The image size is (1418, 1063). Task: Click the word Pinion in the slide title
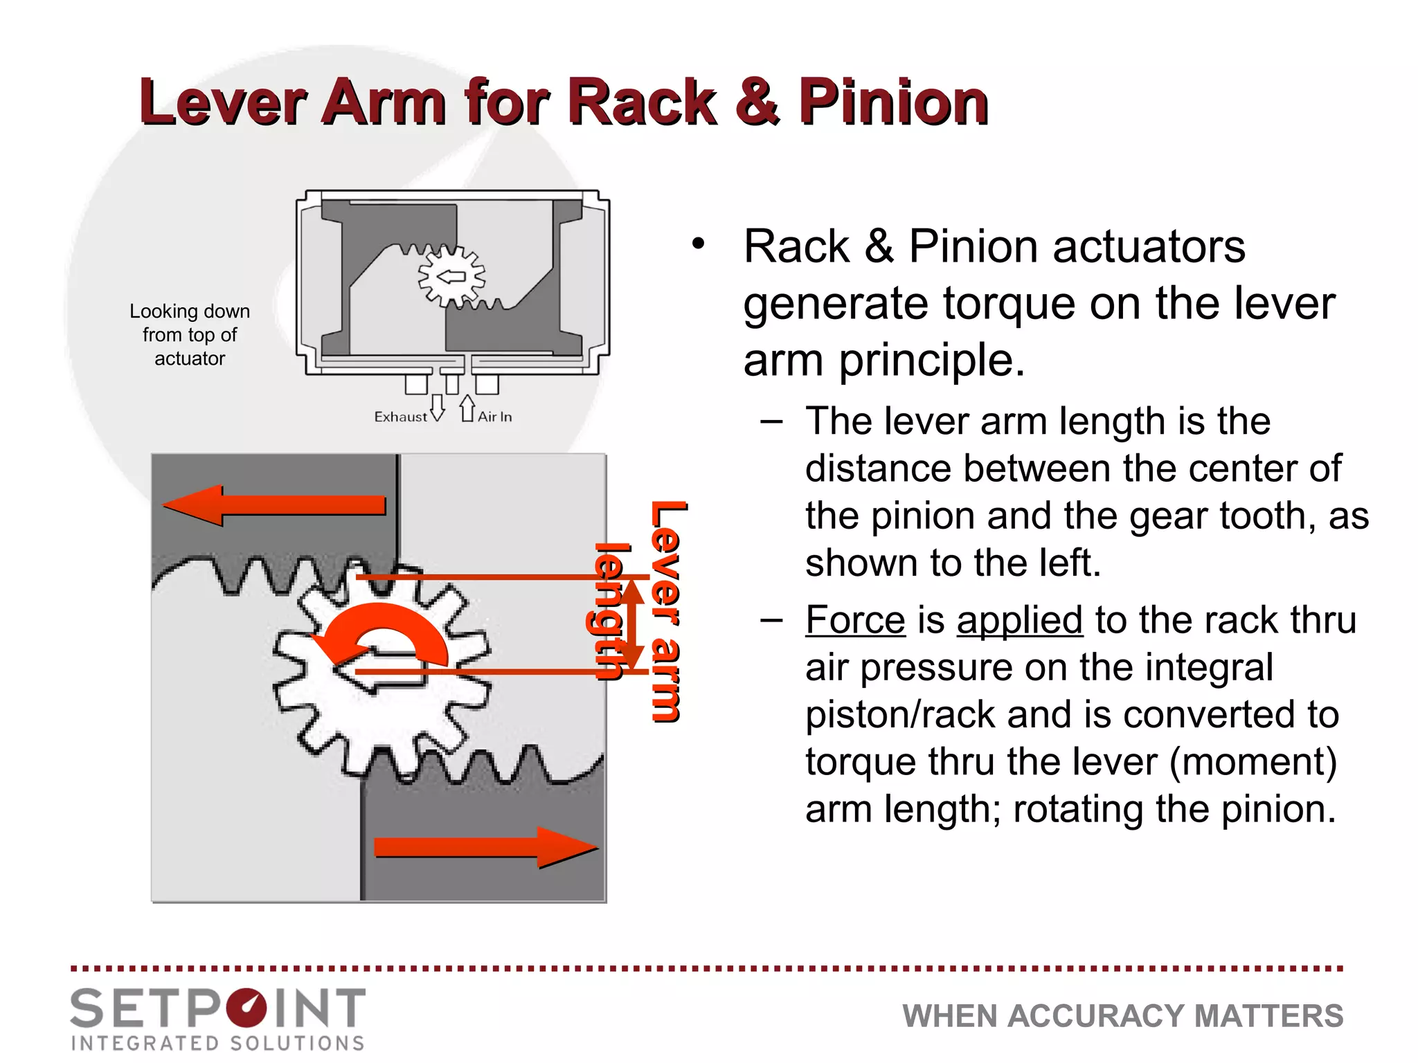click(x=893, y=102)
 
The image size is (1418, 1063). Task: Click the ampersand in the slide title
click(x=757, y=102)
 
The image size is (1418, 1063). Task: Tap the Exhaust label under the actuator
click(x=400, y=417)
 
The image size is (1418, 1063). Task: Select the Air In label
click(x=495, y=417)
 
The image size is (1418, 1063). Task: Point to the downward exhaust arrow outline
click(x=438, y=408)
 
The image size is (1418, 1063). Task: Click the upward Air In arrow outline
click(x=467, y=408)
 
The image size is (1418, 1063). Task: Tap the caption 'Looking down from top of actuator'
click(x=190, y=335)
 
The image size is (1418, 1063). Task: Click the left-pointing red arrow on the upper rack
click(x=273, y=505)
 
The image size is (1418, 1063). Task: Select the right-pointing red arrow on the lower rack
click(x=485, y=847)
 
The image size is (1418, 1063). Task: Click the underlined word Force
click(x=855, y=620)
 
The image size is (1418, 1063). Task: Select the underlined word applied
click(x=1019, y=620)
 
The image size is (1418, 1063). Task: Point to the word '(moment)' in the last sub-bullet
click(x=1253, y=762)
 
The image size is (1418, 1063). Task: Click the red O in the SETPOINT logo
click(x=246, y=1009)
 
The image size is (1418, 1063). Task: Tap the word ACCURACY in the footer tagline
click(x=1099, y=1016)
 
